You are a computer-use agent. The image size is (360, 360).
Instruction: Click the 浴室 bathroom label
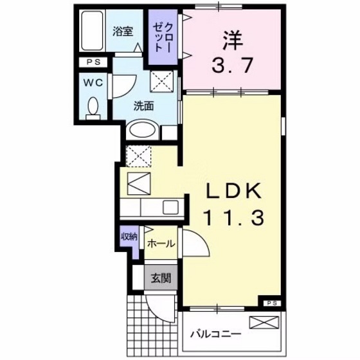click(x=122, y=30)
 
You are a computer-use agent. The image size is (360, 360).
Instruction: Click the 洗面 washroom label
click(x=143, y=107)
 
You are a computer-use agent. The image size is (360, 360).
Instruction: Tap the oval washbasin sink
click(x=141, y=130)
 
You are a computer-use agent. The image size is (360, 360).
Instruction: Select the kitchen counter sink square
click(x=170, y=207)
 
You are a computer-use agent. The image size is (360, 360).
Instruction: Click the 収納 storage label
click(x=129, y=237)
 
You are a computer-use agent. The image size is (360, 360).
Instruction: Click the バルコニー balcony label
click(x=216, y=334)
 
